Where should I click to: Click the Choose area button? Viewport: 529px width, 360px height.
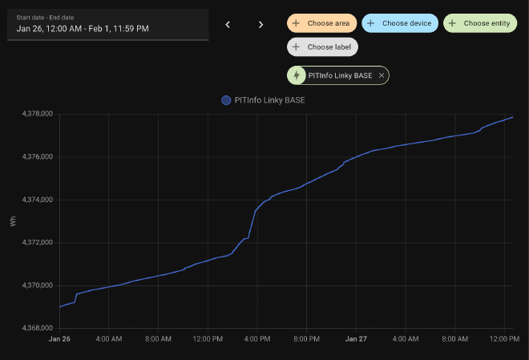point(321,23)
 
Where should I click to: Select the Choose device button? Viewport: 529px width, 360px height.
point(400,23)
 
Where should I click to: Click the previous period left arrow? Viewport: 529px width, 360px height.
point(228,24)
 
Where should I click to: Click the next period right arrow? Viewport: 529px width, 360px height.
point(260,24)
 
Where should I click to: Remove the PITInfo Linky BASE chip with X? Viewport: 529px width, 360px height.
point(382,75)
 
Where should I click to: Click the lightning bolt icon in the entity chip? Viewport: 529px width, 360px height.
point(297,75)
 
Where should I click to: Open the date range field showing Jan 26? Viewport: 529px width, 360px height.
point(107,24)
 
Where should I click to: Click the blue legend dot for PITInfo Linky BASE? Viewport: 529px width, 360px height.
point(226,100)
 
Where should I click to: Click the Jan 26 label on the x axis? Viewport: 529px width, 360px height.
point(59,339)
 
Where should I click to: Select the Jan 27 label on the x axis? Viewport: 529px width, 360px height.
point(355,339)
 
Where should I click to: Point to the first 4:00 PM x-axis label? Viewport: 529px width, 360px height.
point(256,339)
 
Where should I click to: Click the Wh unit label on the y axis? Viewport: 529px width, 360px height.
point(13,220)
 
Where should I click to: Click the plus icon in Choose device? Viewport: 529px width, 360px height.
point(371,23)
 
